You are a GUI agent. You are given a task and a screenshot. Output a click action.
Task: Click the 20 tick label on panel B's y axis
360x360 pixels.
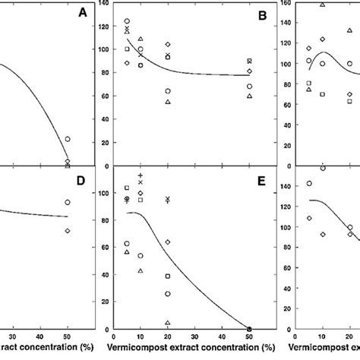tap(106, 144)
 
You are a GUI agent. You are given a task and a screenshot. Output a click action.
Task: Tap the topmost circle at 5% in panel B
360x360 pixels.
tap(127, 21)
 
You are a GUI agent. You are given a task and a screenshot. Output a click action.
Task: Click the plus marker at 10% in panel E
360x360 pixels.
tap(141, 175)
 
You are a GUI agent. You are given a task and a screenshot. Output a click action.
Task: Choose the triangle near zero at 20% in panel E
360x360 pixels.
tap(168, 323)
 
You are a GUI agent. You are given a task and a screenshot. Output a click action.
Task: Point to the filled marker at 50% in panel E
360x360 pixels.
tap(249, 328)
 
